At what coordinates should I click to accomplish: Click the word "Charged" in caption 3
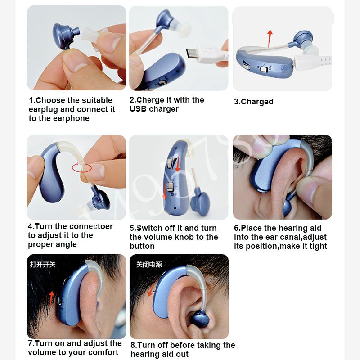[x=257, y=102]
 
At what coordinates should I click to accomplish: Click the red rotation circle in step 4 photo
[x=82, y=167]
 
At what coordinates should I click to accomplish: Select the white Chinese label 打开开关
[x=43, y=264]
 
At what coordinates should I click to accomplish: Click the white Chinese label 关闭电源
[x=149, y=264]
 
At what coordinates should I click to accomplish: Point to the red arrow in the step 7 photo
[x=52, y=297]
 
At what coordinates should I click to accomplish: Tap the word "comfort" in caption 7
[x=104, y=352]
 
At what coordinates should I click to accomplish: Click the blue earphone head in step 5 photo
[x=200, y=201]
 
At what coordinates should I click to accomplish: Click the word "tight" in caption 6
[x=318, y=246]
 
